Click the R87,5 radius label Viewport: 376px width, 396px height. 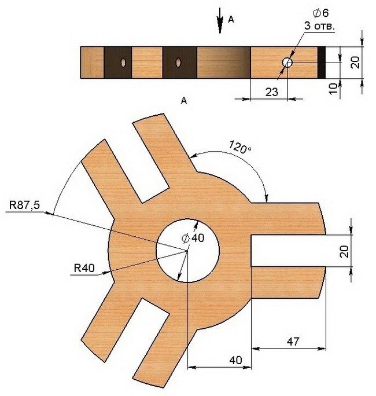[24, 205]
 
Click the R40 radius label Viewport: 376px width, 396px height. [84, 268]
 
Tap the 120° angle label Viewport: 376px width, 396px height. [240, 147]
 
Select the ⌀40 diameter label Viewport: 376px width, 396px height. [193, 238]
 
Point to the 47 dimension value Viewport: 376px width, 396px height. [293, 342]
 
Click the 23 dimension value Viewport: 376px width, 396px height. [272, 92]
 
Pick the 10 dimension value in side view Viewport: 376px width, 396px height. [333, 89]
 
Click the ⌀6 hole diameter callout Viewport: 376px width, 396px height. [320, 13]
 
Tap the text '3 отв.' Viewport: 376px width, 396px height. [319, 26]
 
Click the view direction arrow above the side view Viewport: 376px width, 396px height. [220, 20]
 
